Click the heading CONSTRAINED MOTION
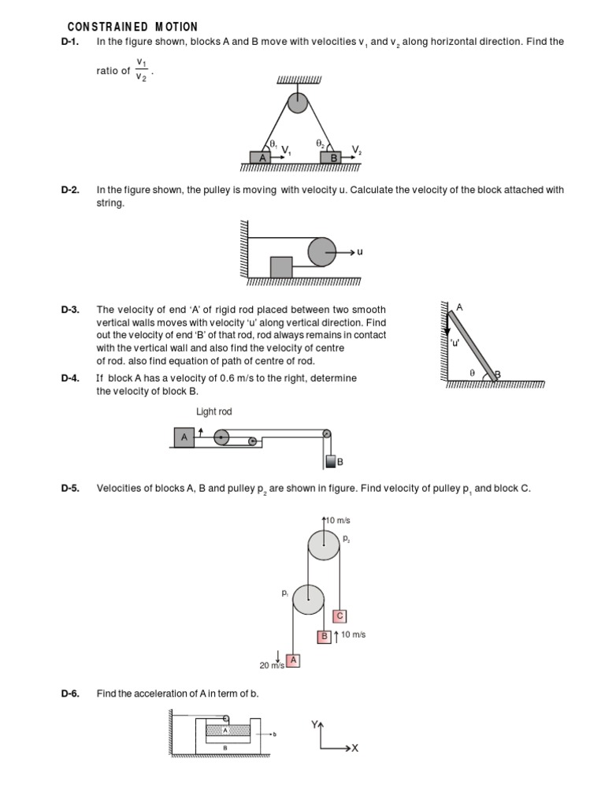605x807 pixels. coord(132,27)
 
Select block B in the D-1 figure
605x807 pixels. coord(333,158)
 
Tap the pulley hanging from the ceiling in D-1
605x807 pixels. coord(298,102)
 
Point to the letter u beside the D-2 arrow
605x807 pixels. coord(360,252)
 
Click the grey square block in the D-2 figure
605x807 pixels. coord(281,267)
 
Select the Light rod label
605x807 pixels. coord(214,412)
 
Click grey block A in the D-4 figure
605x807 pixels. coord(184,437)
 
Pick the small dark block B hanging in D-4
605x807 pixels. coord(331,461)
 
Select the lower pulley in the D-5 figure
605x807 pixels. coord(308,600)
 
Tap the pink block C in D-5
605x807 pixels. coord(340,615)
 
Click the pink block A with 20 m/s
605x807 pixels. coord(293,660)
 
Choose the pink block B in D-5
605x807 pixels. coord(324,636)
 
